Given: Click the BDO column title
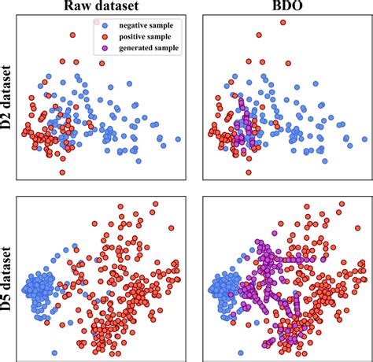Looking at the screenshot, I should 281,7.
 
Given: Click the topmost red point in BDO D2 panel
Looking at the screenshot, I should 282,24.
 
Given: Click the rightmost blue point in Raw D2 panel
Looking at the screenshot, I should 178,139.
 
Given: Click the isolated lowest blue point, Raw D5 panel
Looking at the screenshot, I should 54,352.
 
